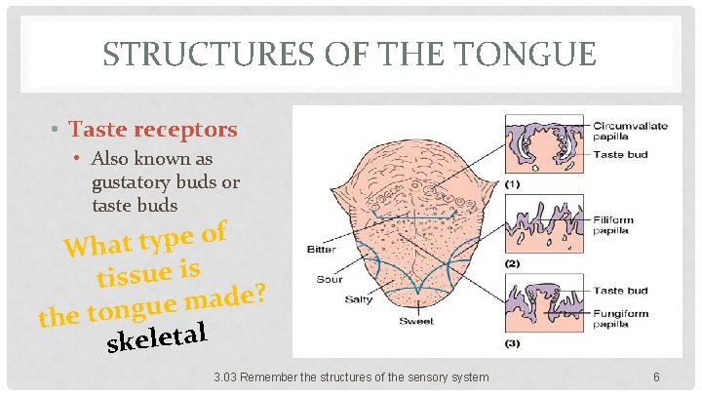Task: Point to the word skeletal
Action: tap(158, 337)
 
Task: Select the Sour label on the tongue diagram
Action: tap(329, 279)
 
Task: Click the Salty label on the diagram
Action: tap(357, 298)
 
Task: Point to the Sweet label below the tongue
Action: tap(415, 321)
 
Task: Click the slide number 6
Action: tap(657, 376)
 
